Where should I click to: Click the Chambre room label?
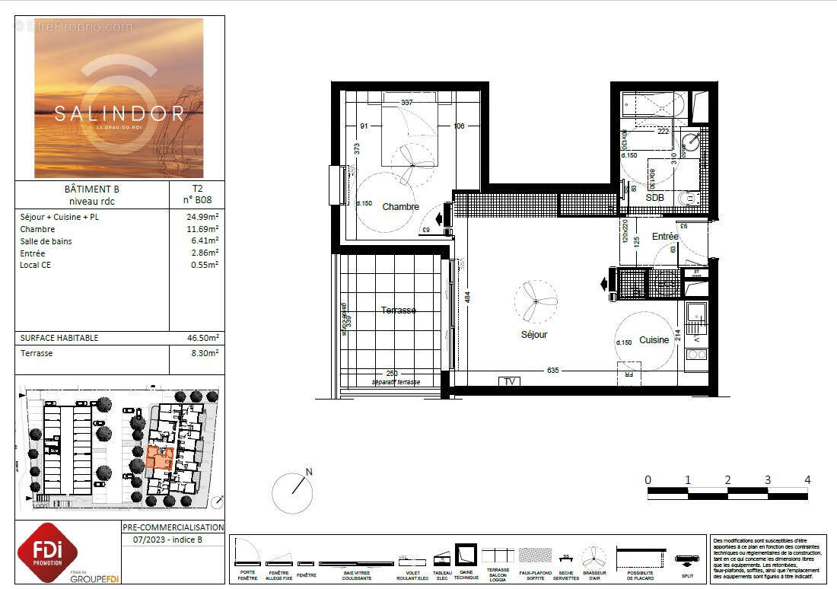pyautogui.click(x=400, y=207)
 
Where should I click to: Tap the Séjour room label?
pyautogui.click(x=533, y=334)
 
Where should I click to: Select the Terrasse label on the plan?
pyautogui.click(x=398, y=310)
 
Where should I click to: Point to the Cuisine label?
pyautogui.click(x=654, y=340)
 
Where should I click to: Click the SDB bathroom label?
pyautogui.click(x=654, y=197)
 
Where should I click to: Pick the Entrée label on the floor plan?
pyautogui.click(x=664, y=237)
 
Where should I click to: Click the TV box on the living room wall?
pyautogui.click(x=509, y=381)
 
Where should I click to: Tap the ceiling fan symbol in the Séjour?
pyautogui.click(x=536, y=301)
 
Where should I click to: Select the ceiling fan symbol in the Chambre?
pyautogui.click(x=412, y=164)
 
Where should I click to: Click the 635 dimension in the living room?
pyautogui.click(x=552, y=371)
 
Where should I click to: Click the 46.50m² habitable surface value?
pyautogui.click(x=204, y=338)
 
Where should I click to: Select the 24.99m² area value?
pyautogui.click(x=203, y=217)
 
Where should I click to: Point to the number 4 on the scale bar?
pyautogui.click(x=807, y=480)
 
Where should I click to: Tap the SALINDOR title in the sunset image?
pyautogui.click(x=119, y=113)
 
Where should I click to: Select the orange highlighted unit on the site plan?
pyautogui.click(x=160, y=458)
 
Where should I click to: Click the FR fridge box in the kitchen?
pyautogui.click(x=629, y=374)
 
